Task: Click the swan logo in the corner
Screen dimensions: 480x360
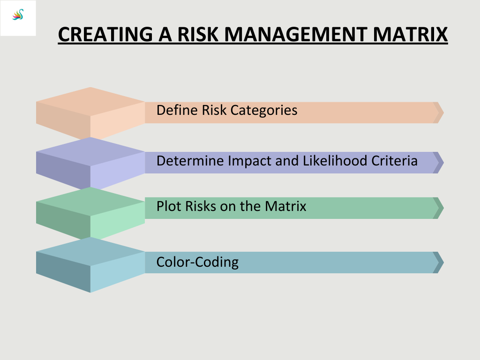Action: click(18, 15)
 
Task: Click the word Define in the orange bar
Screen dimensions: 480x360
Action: click(177, 110)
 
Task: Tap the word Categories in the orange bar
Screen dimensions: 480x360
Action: click(264, 111)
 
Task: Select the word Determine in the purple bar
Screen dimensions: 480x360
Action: click(190, 161)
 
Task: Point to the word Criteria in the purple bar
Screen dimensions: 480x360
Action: click(395, 160)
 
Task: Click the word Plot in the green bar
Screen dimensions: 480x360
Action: click(169, 206)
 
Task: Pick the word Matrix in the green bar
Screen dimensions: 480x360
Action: click(285, 206)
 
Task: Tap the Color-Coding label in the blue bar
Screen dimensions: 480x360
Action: click(197, 262)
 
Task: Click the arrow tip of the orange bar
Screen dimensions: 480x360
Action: click(443, 112)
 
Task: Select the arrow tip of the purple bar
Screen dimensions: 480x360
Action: click(443, 163)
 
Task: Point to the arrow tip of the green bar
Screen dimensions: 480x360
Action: click(443, 208)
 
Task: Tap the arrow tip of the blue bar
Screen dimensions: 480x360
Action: click(443, 262)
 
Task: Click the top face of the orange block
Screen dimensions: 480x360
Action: click(90, 102)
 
